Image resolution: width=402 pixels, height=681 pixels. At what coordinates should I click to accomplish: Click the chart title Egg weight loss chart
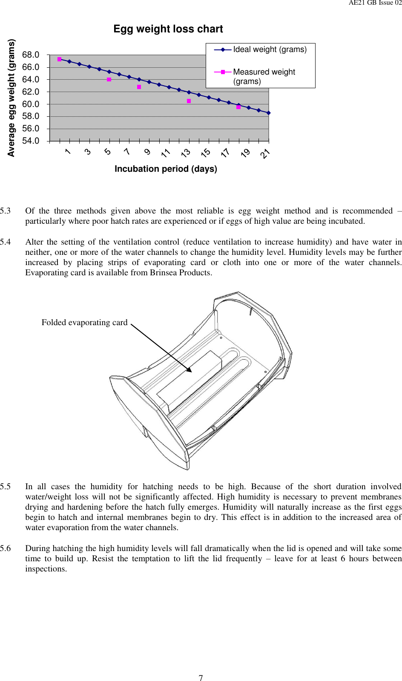[x=168, y=29]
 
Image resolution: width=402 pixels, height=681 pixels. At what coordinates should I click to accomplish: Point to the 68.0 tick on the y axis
[x=31, y=55]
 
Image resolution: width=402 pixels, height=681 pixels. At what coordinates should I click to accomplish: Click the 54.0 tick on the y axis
[x=31, y=141]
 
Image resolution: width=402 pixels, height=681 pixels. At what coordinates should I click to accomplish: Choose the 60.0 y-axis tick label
[x=31, y=104]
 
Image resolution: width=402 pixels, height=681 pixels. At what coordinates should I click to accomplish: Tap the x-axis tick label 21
[x=265, y=153]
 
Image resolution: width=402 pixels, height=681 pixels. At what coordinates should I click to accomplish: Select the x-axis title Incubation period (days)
[x=166, y=169]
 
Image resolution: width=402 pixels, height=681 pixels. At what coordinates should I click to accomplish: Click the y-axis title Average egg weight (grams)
[x=11, y=98]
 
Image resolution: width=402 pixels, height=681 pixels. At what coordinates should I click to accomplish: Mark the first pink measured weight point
[x=60, y=59]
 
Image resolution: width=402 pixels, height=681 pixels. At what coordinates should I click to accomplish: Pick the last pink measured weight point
[x=238, y=107]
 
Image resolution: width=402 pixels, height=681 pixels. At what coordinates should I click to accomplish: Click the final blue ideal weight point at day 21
[x=269, y=113]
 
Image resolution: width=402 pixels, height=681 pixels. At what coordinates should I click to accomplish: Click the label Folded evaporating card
[x=84, y=323]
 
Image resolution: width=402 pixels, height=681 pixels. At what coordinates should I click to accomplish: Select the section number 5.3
[x=6, y=211]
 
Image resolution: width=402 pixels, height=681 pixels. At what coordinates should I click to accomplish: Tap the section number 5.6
[x=6, y=548]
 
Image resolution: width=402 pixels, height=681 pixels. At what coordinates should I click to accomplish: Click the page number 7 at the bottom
[x=201, y=678]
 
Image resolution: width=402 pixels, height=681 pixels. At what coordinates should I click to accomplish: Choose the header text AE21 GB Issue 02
[x=375, y=3]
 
